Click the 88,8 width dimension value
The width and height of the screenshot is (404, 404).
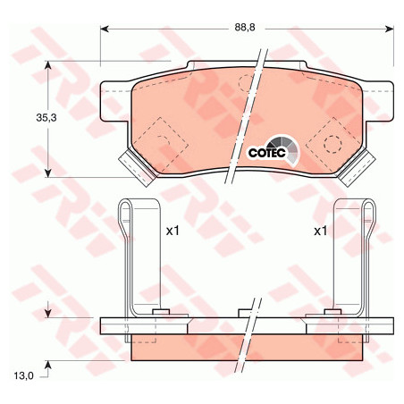pyautogui.click(x=245, y=28)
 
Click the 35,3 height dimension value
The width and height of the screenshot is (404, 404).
pyautogui.click(x=46, y=118)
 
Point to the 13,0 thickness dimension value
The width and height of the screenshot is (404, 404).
pyautogui.click(x=24, y=376)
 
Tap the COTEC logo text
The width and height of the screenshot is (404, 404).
pyautogui.click(x=267, y=153)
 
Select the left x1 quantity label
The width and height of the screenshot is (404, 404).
pyautogui.click(x=173, y=231)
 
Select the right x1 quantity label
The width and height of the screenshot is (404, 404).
pyautogui.click(x=321, y=231)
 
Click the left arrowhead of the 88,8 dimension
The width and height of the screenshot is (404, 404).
pyautogui.click(x=104, y=29)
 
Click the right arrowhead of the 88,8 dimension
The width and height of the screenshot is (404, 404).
pyautogui.click(x=390, y=29)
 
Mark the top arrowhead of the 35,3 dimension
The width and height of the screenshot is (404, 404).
pyautogui.click(x=48, y=65)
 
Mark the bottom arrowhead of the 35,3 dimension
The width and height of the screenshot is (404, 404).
pyautogui.click(x=48, y=173)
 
